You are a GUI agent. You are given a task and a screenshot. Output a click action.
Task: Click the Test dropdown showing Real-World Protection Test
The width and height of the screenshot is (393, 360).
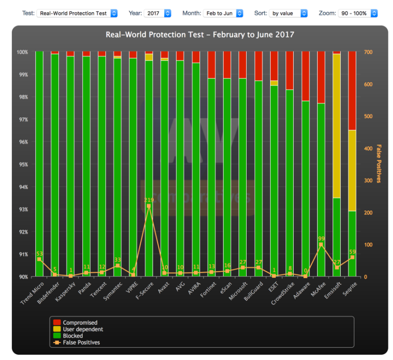(77, 13)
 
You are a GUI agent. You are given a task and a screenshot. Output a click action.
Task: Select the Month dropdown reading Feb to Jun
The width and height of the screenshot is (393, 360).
(225, 13)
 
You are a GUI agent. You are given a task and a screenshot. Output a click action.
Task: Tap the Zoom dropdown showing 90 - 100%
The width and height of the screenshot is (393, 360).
(357, 13)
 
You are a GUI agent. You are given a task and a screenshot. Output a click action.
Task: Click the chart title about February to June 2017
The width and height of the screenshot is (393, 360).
(200, 35)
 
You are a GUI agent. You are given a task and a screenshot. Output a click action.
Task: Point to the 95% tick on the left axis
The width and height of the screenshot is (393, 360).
(23, 165)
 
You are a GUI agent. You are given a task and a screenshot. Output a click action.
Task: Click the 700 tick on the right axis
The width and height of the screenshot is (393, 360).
(368, 52)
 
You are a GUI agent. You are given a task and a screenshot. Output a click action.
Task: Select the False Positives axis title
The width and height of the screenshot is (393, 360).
(379, 164)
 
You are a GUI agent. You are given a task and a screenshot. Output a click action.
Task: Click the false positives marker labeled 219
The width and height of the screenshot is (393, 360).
(149, 206)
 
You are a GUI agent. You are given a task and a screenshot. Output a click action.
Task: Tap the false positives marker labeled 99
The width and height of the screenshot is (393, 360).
(321, 245)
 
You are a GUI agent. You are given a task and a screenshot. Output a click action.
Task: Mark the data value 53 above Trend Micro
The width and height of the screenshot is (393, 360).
(39, 254)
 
